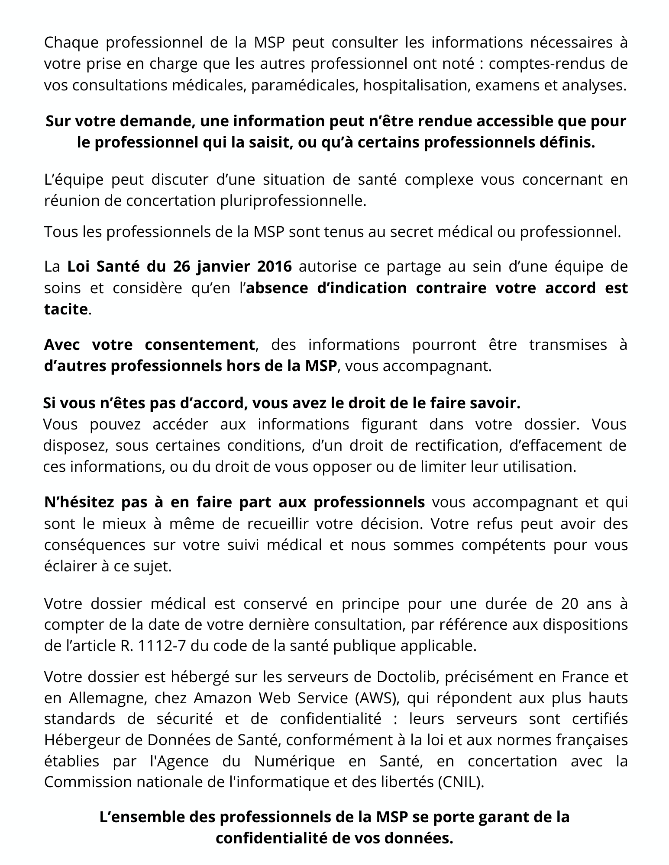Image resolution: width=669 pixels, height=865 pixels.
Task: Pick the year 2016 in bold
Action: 274,266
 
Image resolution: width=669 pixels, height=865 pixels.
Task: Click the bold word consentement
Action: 199,345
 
